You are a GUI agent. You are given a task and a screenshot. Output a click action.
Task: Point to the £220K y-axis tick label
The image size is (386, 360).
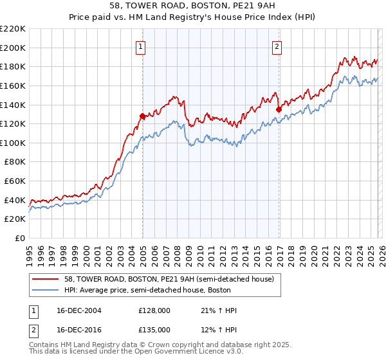click(x=13, y=29)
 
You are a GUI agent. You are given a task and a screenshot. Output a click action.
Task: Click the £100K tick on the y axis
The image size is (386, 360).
click(x=13, y=143)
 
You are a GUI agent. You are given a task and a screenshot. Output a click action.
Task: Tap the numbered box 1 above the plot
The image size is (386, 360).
click(x=140, y=46)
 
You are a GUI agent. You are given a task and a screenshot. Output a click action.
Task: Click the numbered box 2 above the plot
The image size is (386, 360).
click(x=277, y=46)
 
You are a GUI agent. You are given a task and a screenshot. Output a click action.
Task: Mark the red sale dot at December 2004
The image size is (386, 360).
click(x=142, y=116)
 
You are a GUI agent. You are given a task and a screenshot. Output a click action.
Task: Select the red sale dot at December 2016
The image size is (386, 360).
click(x=279, y=109)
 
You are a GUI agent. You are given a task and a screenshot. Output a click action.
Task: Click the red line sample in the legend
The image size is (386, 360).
click(x=45, y=279)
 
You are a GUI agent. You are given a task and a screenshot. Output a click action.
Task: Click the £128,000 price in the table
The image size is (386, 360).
click(x=154, y=310)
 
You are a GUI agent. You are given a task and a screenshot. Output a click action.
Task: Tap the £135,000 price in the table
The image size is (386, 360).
click(x=154, y=329)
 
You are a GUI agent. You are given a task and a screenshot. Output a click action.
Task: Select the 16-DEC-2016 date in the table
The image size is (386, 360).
click(x=79, y=329)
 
